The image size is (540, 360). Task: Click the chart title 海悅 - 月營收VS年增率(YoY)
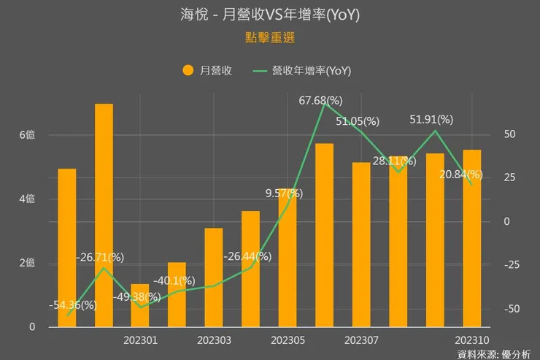270,15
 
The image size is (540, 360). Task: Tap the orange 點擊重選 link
270,36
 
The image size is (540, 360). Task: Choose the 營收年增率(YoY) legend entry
302,70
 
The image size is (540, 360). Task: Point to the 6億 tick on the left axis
27,135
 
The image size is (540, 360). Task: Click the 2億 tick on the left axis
27,263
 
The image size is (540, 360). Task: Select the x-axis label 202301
139,341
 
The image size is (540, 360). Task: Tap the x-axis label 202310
471,341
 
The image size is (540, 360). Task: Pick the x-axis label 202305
288,341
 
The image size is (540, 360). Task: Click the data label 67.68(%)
321,100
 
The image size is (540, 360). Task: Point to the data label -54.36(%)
72,305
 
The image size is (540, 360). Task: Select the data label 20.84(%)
460,175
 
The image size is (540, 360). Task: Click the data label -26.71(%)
100,257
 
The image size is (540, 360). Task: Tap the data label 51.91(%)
431,119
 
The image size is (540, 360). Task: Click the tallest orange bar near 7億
104,215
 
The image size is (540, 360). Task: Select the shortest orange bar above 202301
140,305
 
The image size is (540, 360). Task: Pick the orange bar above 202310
471,238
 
